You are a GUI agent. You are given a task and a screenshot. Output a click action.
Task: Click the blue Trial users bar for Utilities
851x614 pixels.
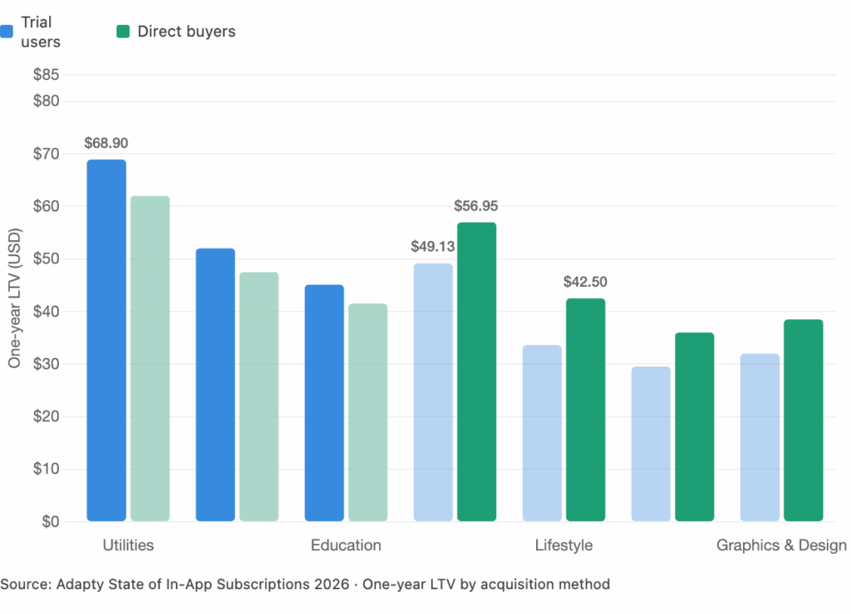[106, 341]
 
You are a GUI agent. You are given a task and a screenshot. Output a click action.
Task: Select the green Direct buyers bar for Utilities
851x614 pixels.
[150, 359]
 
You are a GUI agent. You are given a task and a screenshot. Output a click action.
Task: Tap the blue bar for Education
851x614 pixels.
[324, 403]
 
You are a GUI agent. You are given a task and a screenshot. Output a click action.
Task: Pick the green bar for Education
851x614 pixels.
[368, 413]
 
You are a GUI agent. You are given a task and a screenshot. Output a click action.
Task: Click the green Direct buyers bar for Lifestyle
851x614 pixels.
[585, 410]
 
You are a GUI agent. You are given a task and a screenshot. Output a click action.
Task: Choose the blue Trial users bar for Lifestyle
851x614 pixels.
[542, 434]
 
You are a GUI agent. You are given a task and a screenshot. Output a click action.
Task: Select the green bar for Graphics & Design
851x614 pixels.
[803, 420]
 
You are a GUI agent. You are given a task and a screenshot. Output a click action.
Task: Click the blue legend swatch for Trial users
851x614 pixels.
[7, 32]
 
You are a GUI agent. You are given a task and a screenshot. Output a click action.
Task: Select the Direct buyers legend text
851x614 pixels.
[186, 32]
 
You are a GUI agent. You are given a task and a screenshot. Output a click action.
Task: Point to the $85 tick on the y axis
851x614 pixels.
[46, 76]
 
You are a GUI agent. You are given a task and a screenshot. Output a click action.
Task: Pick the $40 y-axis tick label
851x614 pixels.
[46, 312]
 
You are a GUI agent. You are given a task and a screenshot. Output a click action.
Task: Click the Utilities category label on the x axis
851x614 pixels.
[128, 546]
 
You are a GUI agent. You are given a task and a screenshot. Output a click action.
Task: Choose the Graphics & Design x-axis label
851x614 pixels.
[781, 546]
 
